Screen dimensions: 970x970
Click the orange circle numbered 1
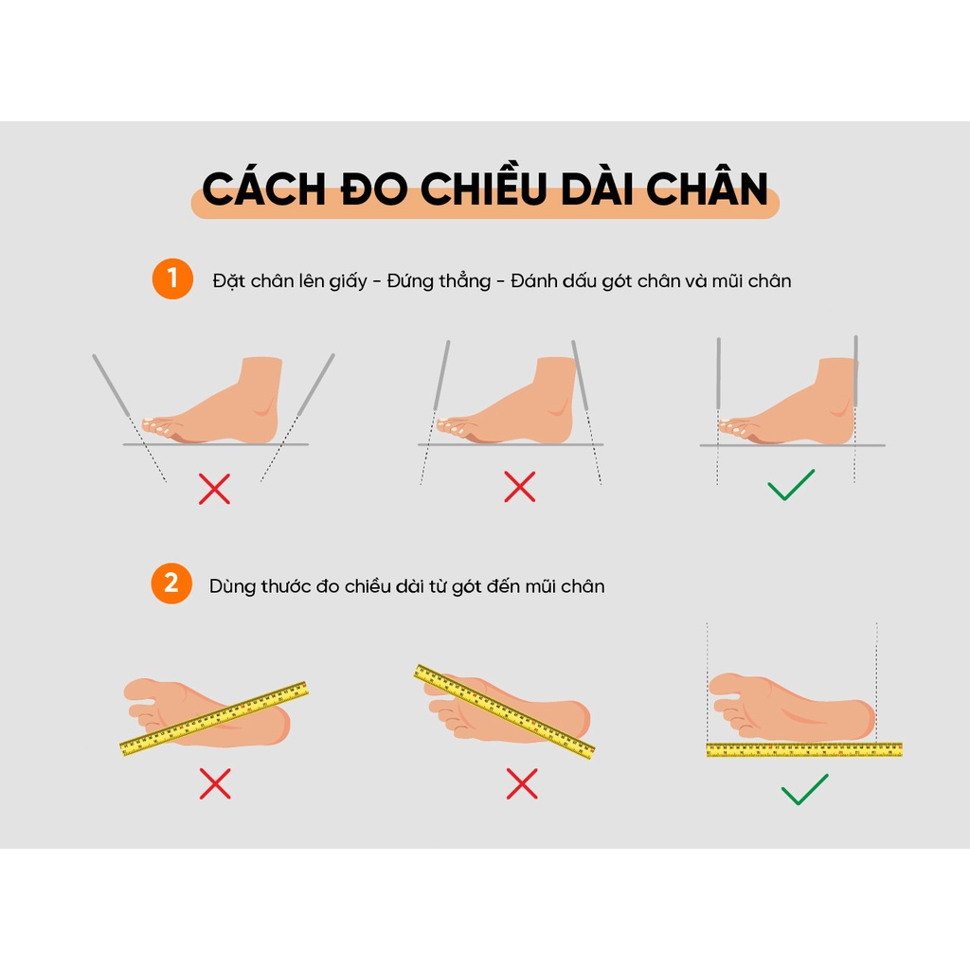tap(171, 279)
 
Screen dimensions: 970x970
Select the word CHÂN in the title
tap(705, 189)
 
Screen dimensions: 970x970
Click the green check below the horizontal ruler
tap(804, 789)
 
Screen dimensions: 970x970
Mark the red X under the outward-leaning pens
tap(215, 489)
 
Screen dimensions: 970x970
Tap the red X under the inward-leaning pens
tap(519, 487)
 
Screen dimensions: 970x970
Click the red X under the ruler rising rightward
tap(215, 783)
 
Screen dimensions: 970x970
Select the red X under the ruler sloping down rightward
tap(522, 783)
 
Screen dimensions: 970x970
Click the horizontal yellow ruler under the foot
tap(803, 750)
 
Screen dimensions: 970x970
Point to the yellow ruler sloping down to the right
tap(505, 711)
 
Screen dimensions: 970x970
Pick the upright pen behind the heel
tap(855, 371)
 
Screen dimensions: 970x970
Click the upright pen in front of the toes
tap(719, 377)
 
